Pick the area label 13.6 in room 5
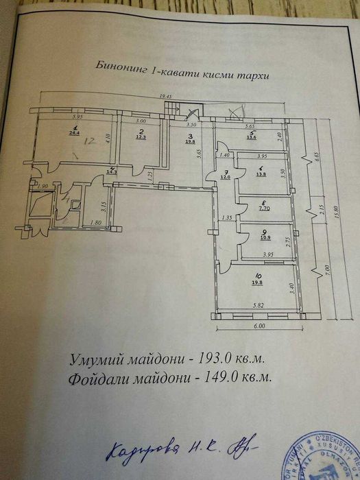point(252,137)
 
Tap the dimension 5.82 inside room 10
point(257,305)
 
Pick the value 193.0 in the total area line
point(215,358)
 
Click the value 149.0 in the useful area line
point(219,376)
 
